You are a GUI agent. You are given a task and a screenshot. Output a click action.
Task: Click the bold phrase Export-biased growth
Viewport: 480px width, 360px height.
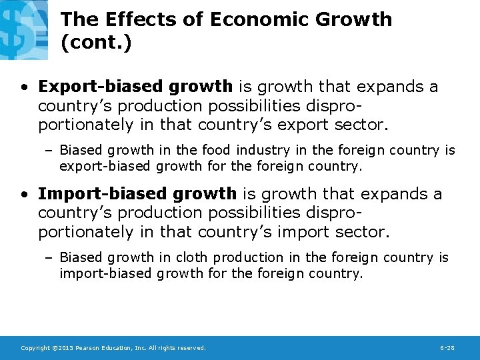pos(135,87)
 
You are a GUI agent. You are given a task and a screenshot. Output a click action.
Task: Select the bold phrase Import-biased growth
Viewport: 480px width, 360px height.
pos(137,194)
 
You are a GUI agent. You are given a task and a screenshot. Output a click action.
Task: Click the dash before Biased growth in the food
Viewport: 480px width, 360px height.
pos(51,151)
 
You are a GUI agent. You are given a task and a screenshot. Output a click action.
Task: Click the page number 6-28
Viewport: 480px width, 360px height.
pos(449,348)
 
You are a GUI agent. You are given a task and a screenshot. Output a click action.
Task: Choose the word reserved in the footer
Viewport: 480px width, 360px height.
pos(190,348)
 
